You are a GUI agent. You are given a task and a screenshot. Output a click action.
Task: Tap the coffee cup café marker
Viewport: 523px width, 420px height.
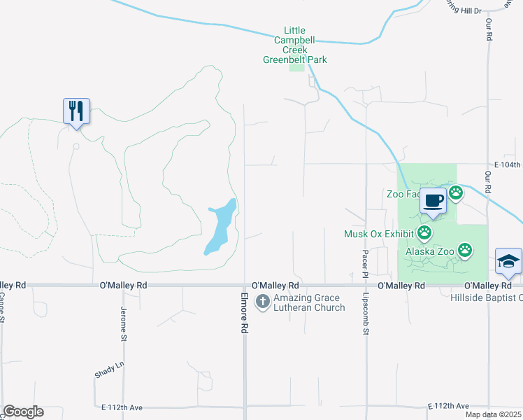click(x=434, y=201)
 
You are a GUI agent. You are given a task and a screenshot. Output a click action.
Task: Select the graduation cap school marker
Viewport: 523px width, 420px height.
click(x=508, y=262)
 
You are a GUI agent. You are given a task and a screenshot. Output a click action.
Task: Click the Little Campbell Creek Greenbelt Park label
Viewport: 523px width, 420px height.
click(x=294, y=45)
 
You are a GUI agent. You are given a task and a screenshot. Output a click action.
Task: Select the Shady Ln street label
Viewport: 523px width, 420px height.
click(x=109, y=370)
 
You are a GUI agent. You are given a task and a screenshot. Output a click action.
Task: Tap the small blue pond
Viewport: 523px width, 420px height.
click(x=220, y=227)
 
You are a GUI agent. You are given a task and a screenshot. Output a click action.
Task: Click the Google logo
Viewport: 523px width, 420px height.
click(x=23, y=412)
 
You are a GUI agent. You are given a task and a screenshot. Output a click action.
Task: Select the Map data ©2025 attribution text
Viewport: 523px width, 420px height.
click(x=494, y=414)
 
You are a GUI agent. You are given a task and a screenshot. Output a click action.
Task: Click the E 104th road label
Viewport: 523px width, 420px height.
click(x=508, y=164)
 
